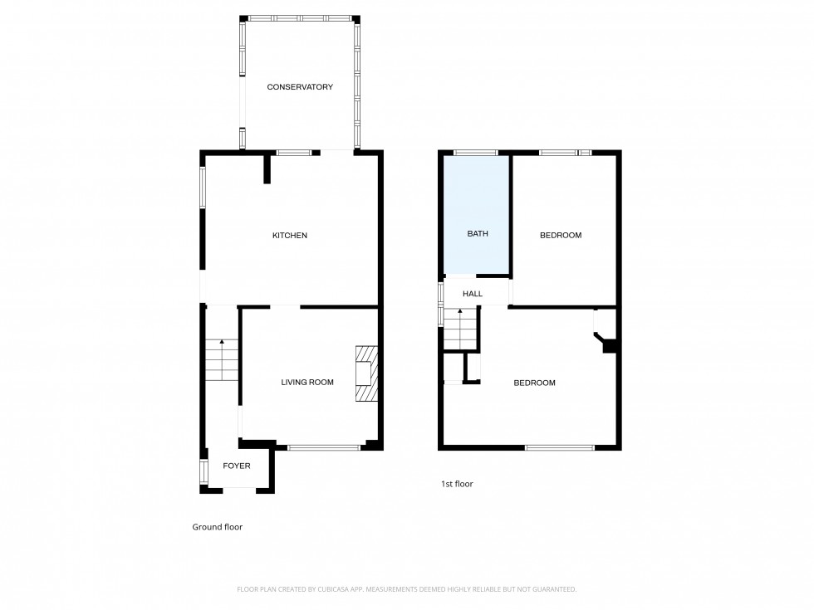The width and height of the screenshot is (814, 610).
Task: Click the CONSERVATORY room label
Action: pos(300,87)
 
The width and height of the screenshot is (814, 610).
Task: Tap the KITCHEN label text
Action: pos(290,236)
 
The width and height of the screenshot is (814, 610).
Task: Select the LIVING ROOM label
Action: pos(307,383)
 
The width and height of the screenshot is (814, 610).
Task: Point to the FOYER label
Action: pos(237,466)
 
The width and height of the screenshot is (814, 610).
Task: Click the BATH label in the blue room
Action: pos(478,234)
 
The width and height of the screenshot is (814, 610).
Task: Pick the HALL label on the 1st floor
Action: pos(473,294)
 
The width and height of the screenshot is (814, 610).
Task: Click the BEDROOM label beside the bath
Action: pos(561,236)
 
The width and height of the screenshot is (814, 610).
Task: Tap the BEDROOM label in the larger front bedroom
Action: pos(534,383)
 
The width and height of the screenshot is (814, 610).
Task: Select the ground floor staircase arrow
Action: pos(222,342)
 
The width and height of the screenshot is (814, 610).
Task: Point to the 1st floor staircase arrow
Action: pos(459,312)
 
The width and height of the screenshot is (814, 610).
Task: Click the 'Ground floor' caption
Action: pos(218,527)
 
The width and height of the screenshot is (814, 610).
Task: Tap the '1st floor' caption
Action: pos(457,484)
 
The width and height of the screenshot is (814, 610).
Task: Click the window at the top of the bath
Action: pos(475,153)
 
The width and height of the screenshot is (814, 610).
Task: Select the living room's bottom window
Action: pos(324,448)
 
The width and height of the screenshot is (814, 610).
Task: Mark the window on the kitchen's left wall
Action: pos(202,187)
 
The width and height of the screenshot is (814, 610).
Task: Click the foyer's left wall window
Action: pos(202,471)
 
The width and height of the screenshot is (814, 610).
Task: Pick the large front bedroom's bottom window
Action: pos(559,448)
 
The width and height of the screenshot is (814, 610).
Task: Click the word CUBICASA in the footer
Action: pos(329,589)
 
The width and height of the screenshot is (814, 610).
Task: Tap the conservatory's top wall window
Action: pos(300,17)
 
